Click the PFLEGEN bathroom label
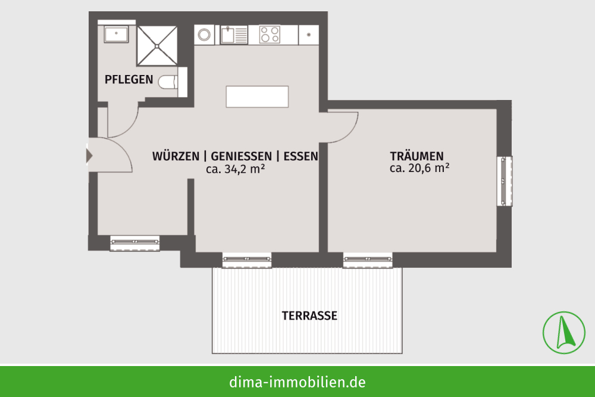click(129, 80)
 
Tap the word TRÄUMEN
click(416, 156)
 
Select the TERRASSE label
click(309, 316)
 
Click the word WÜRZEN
click(176, 156)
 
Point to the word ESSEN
click(301, 157)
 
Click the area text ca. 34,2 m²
click(235, 169)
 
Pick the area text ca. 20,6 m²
click(419, 168)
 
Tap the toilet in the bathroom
click(168, 82)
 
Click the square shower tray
click(157, 46)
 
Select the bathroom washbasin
click(116, 34)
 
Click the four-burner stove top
click(270, 34)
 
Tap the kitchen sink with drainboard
click(234, 35)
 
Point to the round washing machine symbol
click(204, 35)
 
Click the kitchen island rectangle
click(257, 97)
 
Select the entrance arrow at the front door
click(89, 155)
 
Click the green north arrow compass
click(564, 333)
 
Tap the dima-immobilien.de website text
click(297, 382)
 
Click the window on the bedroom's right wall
click(505, 182)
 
